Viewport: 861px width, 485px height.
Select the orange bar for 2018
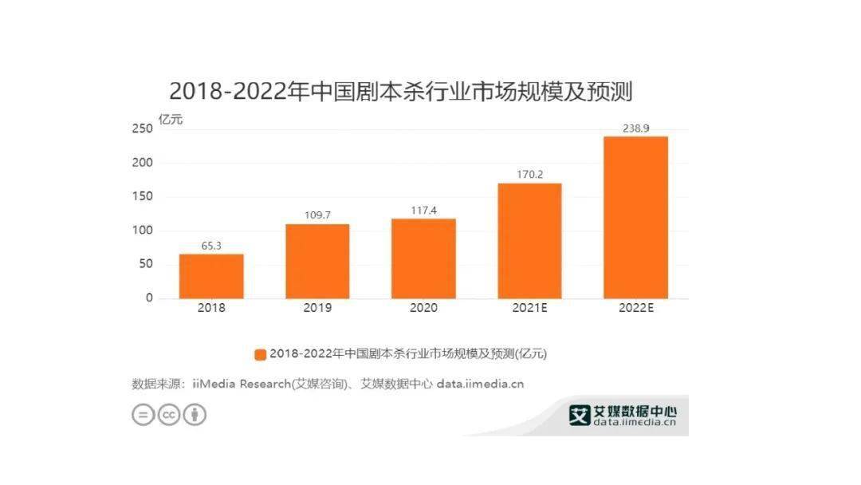[x=211, y=276]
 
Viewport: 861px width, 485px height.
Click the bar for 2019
[x=317, y=261]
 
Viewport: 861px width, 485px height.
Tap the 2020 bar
[x=423, y=258]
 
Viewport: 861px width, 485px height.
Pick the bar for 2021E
[x=529, y=241]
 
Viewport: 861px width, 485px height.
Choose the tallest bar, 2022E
[x=635, y=217]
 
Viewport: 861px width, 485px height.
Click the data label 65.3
[x=211, y=245]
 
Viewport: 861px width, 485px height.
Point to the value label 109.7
[x=317, y=215]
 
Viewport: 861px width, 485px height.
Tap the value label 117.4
[x=423, y=209]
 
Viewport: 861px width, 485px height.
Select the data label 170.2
[x=529, y=173]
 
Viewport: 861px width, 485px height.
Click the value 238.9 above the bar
[x=635, y=127]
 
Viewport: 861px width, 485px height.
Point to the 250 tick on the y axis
[x=143, y=129]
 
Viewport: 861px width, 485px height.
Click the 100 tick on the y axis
[x=143, y=231]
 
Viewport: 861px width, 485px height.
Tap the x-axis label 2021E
[x=529, y=308]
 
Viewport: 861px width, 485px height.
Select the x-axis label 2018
[x=211, y=308]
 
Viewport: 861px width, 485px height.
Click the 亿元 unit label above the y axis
[x=170, y=120]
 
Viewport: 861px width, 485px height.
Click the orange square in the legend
[x=260, y=353]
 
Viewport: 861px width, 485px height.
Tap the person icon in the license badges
[x=195, y=415]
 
